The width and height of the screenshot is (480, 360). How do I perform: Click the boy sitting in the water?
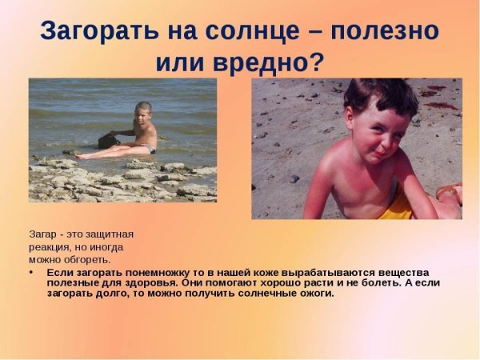[140, 132]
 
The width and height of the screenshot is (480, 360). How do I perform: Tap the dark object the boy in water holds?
[109, 140]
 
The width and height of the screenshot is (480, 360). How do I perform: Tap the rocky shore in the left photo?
[120, 180]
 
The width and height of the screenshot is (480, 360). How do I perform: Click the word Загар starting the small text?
[43, 234]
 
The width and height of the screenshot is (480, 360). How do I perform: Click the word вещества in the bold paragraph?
[406, 273]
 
